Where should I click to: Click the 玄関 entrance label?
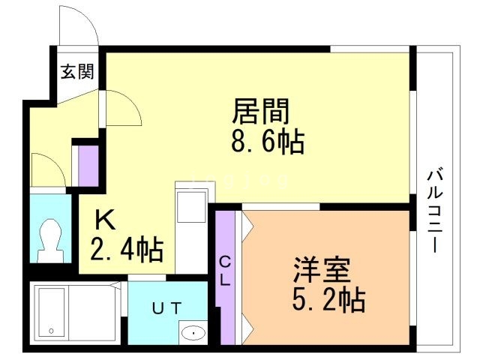[x=77, y=72]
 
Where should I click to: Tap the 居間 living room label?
[x=261, y=111]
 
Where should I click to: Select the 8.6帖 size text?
[x=268, y=142]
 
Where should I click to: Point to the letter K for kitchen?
[x=105, y=220]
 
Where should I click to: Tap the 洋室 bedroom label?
[x=322, y=270]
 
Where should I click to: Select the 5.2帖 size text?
[x=328, y=299]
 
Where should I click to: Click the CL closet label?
[x=225, y=271]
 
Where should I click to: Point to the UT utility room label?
[x=166, y=308]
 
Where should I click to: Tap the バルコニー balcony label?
[x=435, y=211]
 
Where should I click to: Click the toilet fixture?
[x=50, y=241]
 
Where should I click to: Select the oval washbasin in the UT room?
[x=193, y=332]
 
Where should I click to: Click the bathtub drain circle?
[x=52, y=331]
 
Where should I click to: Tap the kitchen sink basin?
[x=192, y=207]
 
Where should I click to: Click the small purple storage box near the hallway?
[x=88, y=166]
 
